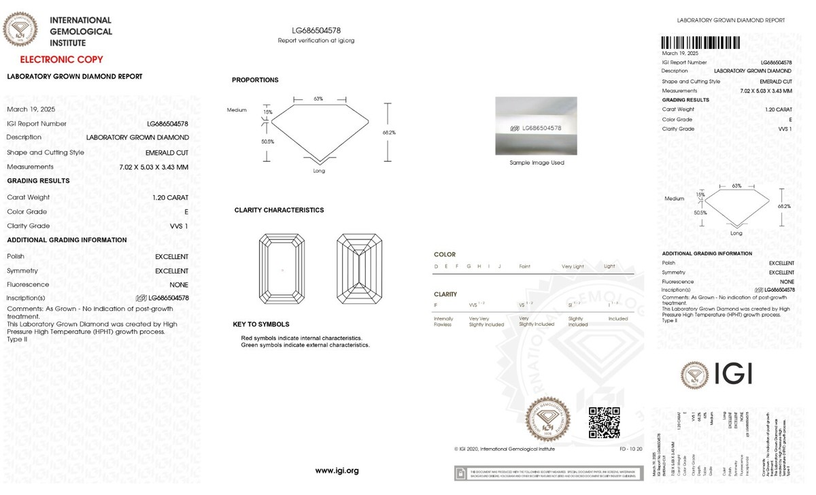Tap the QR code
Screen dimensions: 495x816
pos(603,422)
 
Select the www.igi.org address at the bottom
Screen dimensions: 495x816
pos(337,471)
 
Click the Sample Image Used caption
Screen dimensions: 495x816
pos(537,163)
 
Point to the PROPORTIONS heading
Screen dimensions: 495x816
pos(255,80)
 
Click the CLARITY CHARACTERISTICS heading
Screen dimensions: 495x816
pos(279,210)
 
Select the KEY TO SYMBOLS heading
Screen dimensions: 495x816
pos(261,324)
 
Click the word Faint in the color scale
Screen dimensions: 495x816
pos(524,267)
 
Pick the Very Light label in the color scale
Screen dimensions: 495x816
pos(573,267)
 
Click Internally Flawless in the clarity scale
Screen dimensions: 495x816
pos(443,322)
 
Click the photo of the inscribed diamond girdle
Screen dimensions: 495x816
pos(536,127)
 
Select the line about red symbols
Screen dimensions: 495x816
pos(301,338)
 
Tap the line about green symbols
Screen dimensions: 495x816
pos(305,345)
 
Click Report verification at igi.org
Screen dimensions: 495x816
pos(316,41)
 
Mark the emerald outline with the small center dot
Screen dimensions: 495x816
pos(282,271)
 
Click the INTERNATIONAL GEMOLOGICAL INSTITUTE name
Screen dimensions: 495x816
pos(81,31)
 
